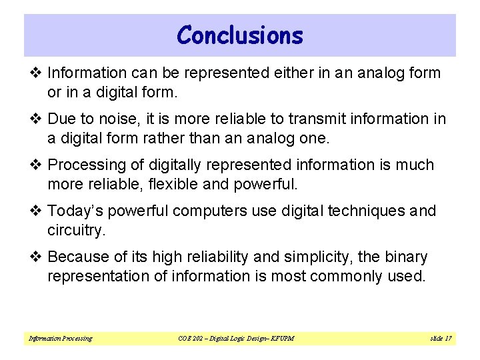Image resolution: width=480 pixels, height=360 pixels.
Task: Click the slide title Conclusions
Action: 240,35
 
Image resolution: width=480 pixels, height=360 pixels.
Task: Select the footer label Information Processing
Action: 60,339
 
